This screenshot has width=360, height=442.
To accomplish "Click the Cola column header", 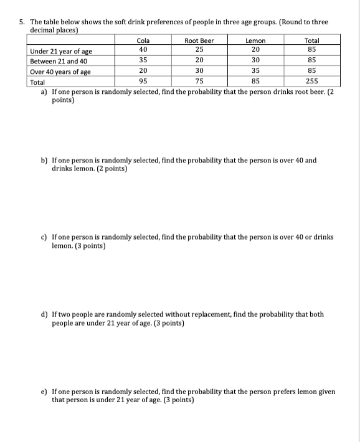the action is tap(143, 40).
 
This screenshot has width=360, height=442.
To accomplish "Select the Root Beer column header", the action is tap(199, 40).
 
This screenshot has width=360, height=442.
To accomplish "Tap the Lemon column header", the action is tap(255, 40).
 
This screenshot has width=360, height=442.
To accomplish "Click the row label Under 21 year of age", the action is tap(60, 51).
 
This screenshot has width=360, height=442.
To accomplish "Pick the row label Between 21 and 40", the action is tap(59, 62).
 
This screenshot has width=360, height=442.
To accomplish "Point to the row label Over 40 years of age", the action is tap(60, 72).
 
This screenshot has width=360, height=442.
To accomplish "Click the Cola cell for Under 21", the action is tap(143, 49).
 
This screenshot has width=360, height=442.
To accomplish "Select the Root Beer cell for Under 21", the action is tap(199, 49).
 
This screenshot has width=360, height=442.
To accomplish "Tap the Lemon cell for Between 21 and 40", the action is tap(255, 60).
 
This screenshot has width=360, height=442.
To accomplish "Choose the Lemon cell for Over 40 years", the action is tap(255, 71).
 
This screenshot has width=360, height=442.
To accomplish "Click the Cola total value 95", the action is tap(143, 82).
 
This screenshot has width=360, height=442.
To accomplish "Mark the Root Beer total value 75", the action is tap(199, 82).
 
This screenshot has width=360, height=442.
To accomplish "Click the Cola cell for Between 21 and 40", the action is tap(143, 60).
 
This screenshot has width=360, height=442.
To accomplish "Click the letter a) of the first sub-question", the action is tap(44, 92).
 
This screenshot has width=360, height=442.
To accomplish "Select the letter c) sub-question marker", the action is tap(44, 237).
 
